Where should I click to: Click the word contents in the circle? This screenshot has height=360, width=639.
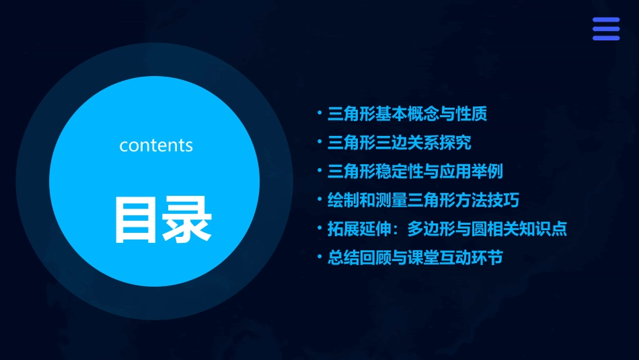156,145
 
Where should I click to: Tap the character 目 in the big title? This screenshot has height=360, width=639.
136,219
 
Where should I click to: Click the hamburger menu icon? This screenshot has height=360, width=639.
605,29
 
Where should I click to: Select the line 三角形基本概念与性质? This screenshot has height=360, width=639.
407,114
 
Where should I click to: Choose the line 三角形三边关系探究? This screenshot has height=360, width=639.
399,143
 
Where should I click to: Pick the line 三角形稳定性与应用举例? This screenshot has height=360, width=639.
415,172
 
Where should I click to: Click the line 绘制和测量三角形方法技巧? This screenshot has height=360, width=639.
423,200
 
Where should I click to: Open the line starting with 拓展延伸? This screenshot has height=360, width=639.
447,229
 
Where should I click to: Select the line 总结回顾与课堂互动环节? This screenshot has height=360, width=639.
415,258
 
